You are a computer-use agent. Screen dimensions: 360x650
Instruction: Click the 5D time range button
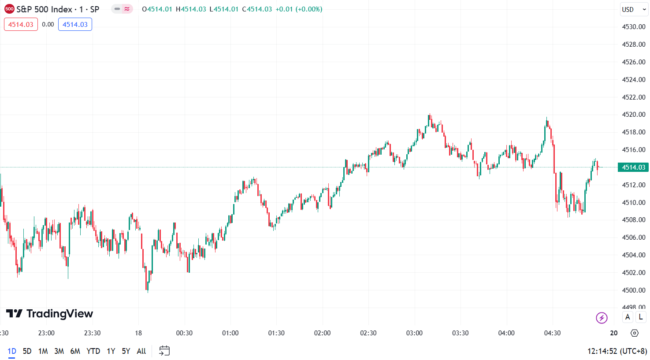(27, 351)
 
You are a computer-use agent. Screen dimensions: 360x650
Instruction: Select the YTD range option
(93, 351)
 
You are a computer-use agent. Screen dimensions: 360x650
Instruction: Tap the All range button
(141, 351)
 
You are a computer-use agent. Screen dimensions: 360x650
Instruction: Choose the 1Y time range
(111, 351)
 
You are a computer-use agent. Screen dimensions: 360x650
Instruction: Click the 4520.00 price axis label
(633, 115)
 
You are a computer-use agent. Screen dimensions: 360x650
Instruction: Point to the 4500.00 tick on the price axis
(633, 290)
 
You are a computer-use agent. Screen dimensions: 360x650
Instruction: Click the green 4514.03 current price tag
(633, 167)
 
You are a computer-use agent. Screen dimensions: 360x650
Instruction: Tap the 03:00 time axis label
(414, 333)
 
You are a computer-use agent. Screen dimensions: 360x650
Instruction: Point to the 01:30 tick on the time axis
(276, 333)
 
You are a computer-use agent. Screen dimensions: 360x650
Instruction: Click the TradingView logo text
(49, 314)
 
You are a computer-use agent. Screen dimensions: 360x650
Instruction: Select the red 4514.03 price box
(21, 25)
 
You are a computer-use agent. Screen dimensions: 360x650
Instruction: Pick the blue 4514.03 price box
(75, 25)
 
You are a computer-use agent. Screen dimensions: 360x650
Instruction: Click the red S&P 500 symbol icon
(9, 9)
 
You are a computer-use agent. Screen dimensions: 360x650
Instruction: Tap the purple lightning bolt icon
(602, 318)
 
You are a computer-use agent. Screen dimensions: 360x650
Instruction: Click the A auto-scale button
(628, 317)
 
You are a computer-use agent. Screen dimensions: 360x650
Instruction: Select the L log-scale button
(641, 317)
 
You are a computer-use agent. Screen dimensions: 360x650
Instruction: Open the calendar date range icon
(164, 351)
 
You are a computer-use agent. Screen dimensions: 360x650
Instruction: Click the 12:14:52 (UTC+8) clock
(617, 351)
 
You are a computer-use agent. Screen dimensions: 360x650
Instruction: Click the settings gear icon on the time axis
(635, 333)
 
